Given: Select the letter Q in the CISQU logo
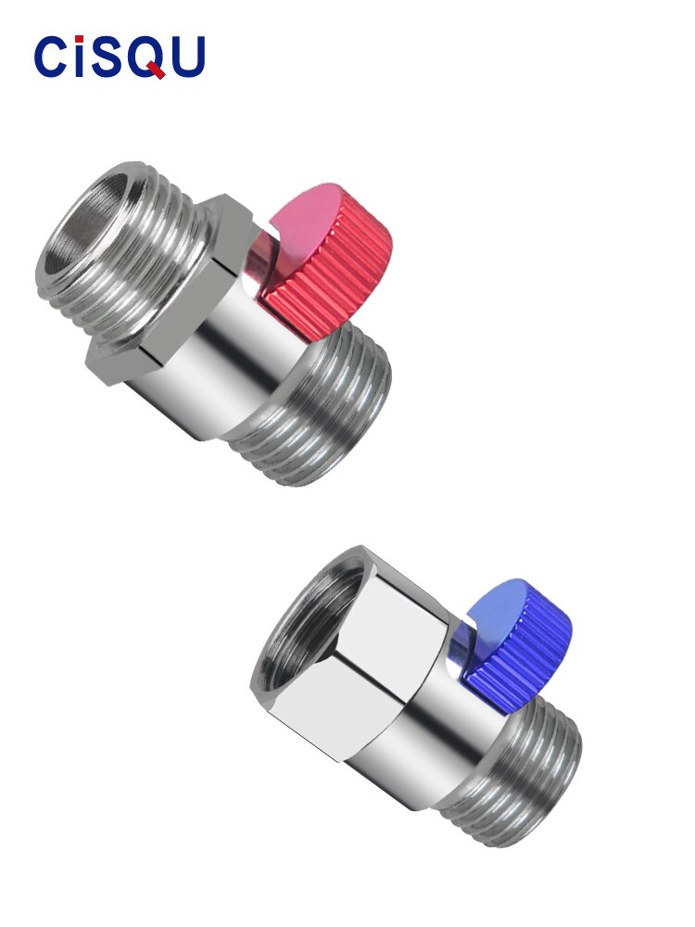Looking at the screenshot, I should [x=147, y=57].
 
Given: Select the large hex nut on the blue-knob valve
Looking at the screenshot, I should [x=371, y=667].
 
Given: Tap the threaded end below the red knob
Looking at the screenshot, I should [x=320, y=408].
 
